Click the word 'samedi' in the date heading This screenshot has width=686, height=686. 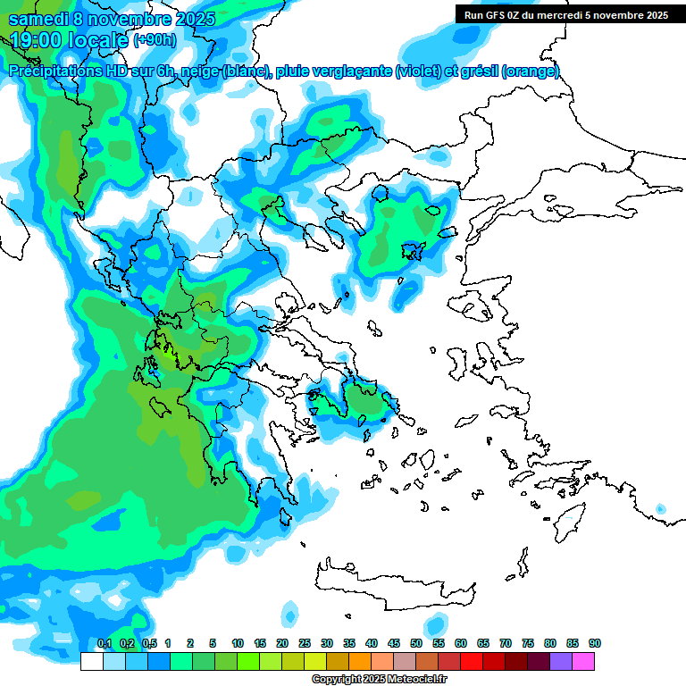pyautogui.click(x=37, y=20)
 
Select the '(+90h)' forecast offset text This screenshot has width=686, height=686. pyautogui.click(x=155, y=40)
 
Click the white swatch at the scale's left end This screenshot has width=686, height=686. pyautogui.click(x=91, y=662)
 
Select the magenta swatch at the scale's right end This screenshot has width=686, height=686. pyautogui.click(x=583, y=662)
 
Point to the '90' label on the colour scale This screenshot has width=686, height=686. pyautogui.click(x=595, y=644)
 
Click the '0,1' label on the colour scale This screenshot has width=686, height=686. pyautogui.click(x=104, y=644)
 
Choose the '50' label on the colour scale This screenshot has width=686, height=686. pyautogui.click(x=416, y=644)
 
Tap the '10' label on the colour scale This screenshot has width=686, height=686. pyautogui.click(x=238, y=644)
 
